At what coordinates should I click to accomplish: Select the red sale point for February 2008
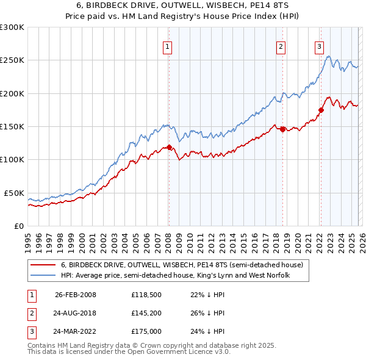(x=169, y=147)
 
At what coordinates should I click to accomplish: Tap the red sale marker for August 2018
(x=282, y=129)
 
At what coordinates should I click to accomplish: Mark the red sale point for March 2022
(x=321, y=110)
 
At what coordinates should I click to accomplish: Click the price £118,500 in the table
(x=145, y=295)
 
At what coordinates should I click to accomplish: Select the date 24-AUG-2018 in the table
(x=75, y=313)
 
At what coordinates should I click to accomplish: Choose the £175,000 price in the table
(x=146, y=332)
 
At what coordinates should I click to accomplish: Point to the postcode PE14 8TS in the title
(x=268, y=5)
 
